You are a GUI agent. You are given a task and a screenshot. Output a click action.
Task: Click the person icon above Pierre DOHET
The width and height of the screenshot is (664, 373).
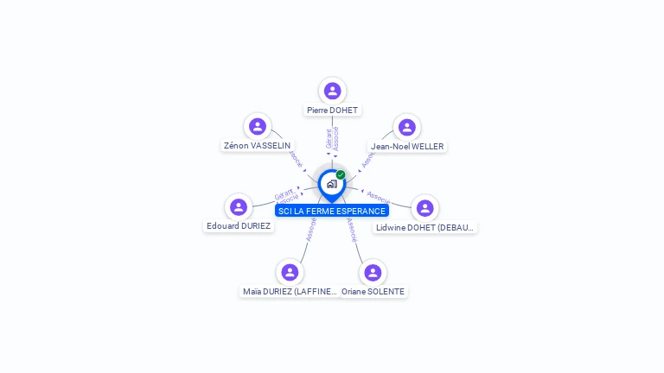coord(332,91)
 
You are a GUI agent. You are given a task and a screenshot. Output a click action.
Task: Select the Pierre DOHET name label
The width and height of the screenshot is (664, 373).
coord(332,111)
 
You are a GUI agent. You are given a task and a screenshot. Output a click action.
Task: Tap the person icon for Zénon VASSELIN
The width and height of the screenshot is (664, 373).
coord(257,127)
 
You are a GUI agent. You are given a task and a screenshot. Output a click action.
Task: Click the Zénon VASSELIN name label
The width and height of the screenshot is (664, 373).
coord(257,146)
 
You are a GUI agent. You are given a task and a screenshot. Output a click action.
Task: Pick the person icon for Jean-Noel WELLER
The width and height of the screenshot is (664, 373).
coord(406,128)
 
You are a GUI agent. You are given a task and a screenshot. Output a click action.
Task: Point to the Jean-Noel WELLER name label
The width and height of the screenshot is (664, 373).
coord(406,147)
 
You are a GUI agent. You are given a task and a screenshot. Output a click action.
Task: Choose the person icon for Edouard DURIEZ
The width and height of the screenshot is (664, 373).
coord(239,207)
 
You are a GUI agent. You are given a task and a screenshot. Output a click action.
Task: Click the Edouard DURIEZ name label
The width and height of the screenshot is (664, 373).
coord(239,226)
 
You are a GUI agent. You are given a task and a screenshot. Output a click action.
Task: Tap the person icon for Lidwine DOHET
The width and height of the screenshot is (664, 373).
coord(425,208)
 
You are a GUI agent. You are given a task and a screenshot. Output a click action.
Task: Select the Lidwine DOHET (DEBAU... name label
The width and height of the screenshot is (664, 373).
coord(425,228)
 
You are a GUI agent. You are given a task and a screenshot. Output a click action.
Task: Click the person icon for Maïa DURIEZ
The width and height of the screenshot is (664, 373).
coord(290,273)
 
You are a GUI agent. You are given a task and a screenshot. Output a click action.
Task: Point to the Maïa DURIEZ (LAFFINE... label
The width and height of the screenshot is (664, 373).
coord(289,292)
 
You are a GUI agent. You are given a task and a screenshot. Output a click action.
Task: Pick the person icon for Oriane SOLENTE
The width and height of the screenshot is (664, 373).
coord(373,273)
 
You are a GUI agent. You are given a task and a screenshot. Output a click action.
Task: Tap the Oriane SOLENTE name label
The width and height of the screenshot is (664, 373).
coord(373,292)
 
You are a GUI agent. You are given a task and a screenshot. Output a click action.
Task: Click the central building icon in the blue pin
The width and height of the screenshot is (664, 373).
coord(331,184)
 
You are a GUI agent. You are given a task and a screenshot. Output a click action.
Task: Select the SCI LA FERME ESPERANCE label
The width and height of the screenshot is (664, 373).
coord(332,211)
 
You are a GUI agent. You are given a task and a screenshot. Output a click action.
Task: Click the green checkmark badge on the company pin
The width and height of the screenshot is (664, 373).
coord(341,175)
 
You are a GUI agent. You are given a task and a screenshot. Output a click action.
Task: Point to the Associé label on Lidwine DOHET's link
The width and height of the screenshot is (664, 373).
coord(378,196)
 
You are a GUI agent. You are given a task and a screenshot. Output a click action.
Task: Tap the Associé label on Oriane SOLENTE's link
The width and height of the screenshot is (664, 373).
coord(352,229)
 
